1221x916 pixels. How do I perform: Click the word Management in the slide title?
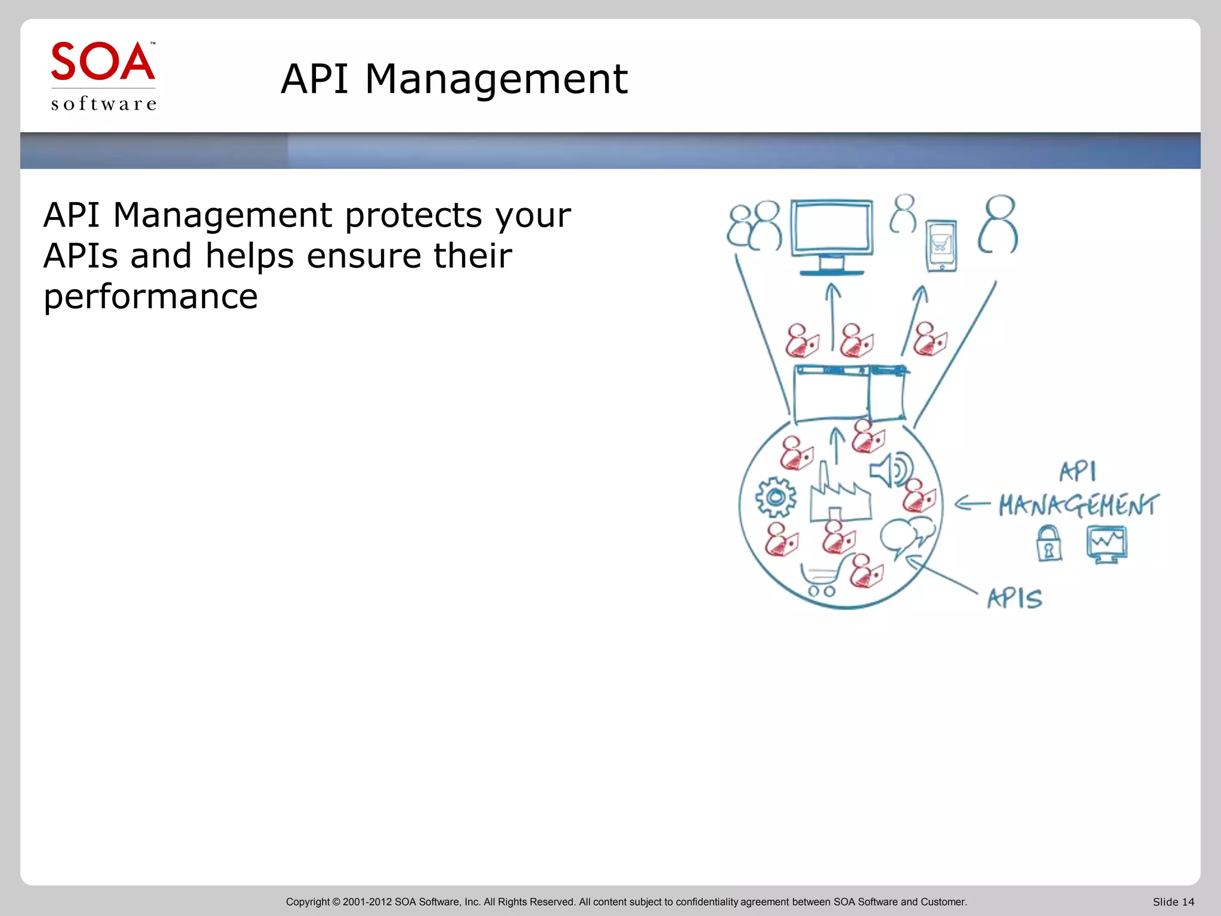point(496,79)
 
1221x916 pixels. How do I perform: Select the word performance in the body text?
point(150,296)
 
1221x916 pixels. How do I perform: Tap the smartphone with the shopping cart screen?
point(941,245)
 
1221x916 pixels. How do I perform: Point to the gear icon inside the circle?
point(776,497)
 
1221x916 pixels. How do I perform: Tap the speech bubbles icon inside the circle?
point(907,534)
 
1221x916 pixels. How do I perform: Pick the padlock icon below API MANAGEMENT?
point(1049,544)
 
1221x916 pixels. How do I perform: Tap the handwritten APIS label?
point(1014,598)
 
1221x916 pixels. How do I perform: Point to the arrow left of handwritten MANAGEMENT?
point(972,504)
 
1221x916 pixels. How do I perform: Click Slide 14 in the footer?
point(1173,902)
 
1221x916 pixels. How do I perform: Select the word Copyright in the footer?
point(308,902)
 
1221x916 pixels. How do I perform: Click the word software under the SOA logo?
point(104,104)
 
